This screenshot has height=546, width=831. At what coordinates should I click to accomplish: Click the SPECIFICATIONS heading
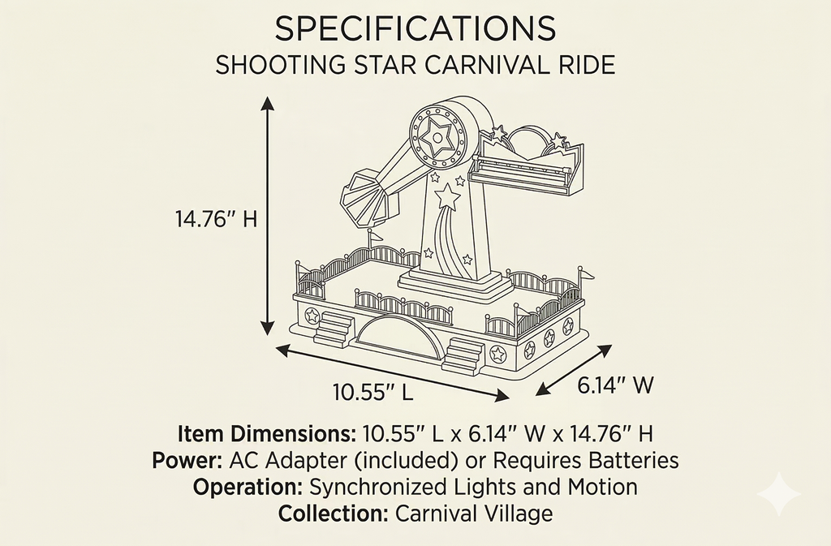[x=415, y=28]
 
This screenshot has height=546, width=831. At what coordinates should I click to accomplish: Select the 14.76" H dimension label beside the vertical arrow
[x=216, y=218]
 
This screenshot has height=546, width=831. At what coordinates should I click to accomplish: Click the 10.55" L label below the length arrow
[x=372, y=393]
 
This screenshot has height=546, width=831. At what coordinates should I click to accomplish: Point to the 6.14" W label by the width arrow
[x=615, y=385]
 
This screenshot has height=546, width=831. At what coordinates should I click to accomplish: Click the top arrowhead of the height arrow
[x=268, y=103]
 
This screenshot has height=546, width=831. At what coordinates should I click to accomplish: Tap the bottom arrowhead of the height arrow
[x=268, y=329]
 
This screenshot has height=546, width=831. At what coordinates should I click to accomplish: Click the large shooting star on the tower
[x=447, y=197]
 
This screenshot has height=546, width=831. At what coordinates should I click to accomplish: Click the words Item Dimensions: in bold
[x=266, y=434]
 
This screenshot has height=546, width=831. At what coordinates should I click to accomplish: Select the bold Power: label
[x=187, y=460]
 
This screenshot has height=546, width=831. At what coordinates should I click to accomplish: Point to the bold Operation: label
[x=248, y=487]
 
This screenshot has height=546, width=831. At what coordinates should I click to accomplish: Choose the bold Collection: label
[x=334, y=514]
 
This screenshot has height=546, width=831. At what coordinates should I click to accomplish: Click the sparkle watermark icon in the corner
[x=779, y=493]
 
